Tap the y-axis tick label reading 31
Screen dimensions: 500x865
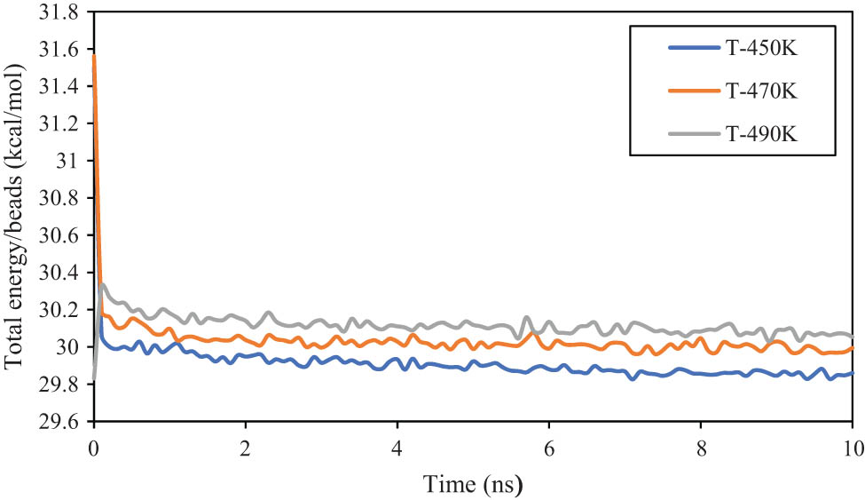click(68, 162)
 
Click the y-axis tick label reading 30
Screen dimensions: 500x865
click(68, 347)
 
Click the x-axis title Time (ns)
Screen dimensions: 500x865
click(473, 485)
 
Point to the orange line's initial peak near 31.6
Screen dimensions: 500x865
click(94, 56)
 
